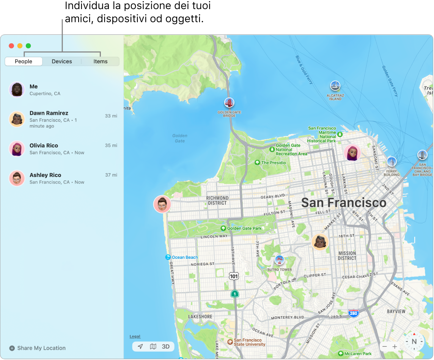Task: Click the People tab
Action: [x=24, y=61]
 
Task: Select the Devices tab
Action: [x=62, y=61]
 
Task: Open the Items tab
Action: [x=101, y=61]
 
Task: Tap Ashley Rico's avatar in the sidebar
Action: [x=17, y=178]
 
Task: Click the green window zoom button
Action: [x=28, y=46]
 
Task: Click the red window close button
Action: [x=11, y=46]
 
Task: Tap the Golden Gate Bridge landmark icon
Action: [x=229, y=103]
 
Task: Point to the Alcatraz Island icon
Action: [x=335, y=86]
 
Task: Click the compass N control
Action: [x=414, y=341]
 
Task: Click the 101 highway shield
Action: [x=234, y=276]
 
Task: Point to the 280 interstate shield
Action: [x=353, y=313]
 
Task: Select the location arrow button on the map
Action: [x=140, y=346]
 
